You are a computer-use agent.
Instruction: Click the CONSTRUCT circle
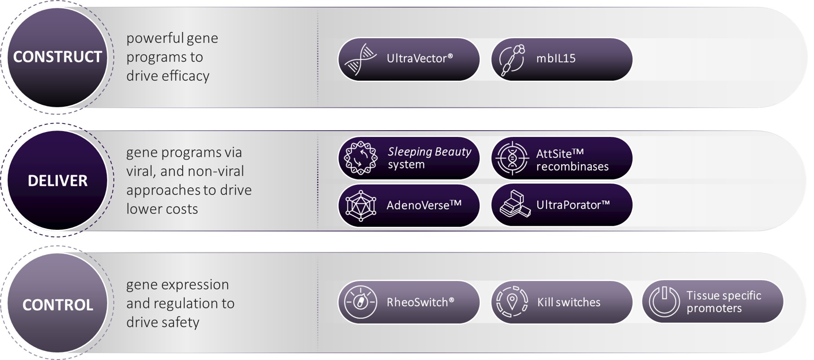click(57, 57)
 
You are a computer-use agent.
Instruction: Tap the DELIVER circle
click(57, 180)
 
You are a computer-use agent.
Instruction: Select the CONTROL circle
click(57, 304)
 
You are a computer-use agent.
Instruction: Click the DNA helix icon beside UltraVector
click(361, 59)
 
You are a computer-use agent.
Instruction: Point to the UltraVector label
click(420, 58)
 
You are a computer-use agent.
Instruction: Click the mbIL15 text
click(556, 58)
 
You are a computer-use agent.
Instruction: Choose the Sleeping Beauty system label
click(430, 158)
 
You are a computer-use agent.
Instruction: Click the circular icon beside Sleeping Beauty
click(361, 158)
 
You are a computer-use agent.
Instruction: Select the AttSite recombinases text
click(572, 160)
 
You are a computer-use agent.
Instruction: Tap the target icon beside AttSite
click(512, 158)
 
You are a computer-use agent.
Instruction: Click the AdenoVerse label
click(424, 205)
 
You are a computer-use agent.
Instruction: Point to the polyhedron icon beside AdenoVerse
click(361, 206)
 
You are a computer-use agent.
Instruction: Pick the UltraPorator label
click(573, 205)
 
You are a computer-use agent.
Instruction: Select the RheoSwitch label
click(421, 302)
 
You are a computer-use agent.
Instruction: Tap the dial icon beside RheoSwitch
click(361, 302)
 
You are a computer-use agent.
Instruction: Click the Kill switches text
click(569, 302)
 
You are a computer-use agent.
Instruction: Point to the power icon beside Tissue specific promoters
click(664, 302)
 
